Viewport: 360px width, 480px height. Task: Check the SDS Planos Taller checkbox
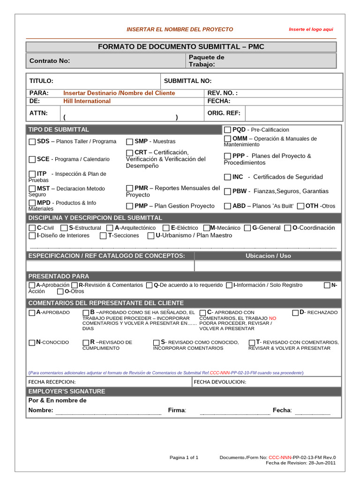pyautogui.click(x=32, y=142)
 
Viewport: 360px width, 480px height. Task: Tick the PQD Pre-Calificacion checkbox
pyautogui.click(x=227, y=129)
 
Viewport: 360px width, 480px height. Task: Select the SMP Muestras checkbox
pyautogui.click(x=129, y=142)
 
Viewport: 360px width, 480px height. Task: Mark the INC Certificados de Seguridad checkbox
pyautogui.click(x=227, y=177)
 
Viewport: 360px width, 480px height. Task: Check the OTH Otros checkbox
pyautogui.click(x=300, y=206)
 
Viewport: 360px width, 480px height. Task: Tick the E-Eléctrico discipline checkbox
pyautogui.click(x=166, y=228)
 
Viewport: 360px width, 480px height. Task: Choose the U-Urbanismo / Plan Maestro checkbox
pyautogui.click(x=151, y=236)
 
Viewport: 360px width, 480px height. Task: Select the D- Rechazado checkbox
pyautogui.click(x=296, y=313)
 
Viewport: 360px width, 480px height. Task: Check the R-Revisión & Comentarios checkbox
pyautogui.click(x=75, y=285)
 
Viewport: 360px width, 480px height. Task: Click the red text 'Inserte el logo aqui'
pyautogui.click(x=311, y=29)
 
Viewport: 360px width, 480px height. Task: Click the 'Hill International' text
pyautogui.click(x=87, y=101)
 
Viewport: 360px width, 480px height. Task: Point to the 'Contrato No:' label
pyautogui.click(x=50, y=61)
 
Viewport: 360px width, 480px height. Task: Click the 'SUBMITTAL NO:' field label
pyautogui.click(x=187, y=81)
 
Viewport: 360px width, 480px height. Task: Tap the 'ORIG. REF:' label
pyautogui.click(x=224, y=113)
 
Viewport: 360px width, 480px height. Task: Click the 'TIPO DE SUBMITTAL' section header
pyautogui.click(x=59, y=129)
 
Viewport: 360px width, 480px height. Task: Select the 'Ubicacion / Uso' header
pyautogui.click(x=268, y=255)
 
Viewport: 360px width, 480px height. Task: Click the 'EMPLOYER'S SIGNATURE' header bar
pyautogui.click(x=67, y=391)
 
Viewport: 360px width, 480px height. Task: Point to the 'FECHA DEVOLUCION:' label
pyautogui.click(x=220, y=382)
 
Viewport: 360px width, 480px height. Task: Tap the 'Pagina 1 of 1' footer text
pyautogui.click(x=184, y=457)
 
